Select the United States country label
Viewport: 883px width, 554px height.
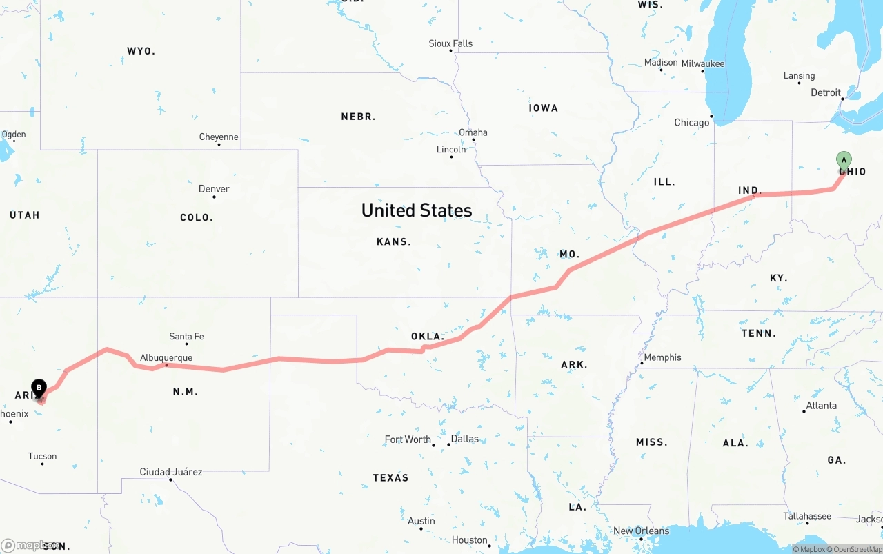(417, 210)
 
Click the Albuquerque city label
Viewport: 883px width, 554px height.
(166, 358)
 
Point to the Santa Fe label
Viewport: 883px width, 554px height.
(186, 337)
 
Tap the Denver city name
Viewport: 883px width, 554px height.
(214, 189)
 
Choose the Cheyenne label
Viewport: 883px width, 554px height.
(219, 137)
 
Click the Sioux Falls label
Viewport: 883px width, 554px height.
(450, 43)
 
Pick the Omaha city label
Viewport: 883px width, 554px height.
(473, 132)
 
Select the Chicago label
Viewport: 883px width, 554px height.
(691, 123)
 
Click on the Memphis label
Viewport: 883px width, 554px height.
(662, 357)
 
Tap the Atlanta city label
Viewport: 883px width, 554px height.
(822, 406)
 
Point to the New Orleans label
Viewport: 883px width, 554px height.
(641, 531)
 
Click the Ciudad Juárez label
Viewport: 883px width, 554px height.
(171, 472)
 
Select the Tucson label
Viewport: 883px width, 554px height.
(42, 456)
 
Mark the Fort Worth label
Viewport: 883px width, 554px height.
(408, 439)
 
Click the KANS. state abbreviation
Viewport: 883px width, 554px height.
(394, 241)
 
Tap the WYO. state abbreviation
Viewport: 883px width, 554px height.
(141, 51)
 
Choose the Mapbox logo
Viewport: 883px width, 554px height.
(28, 545)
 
